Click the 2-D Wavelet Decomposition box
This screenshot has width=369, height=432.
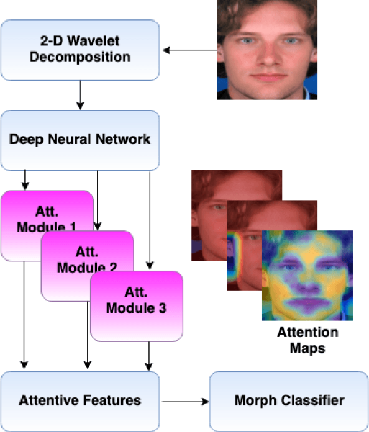(80, 50)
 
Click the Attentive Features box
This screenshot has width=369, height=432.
(80, 400)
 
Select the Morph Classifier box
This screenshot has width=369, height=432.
(289, 400)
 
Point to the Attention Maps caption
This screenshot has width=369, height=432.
(307, 340)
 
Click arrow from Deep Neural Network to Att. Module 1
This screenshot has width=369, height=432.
(25, 181)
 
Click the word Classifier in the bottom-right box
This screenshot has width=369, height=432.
(317, 400)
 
